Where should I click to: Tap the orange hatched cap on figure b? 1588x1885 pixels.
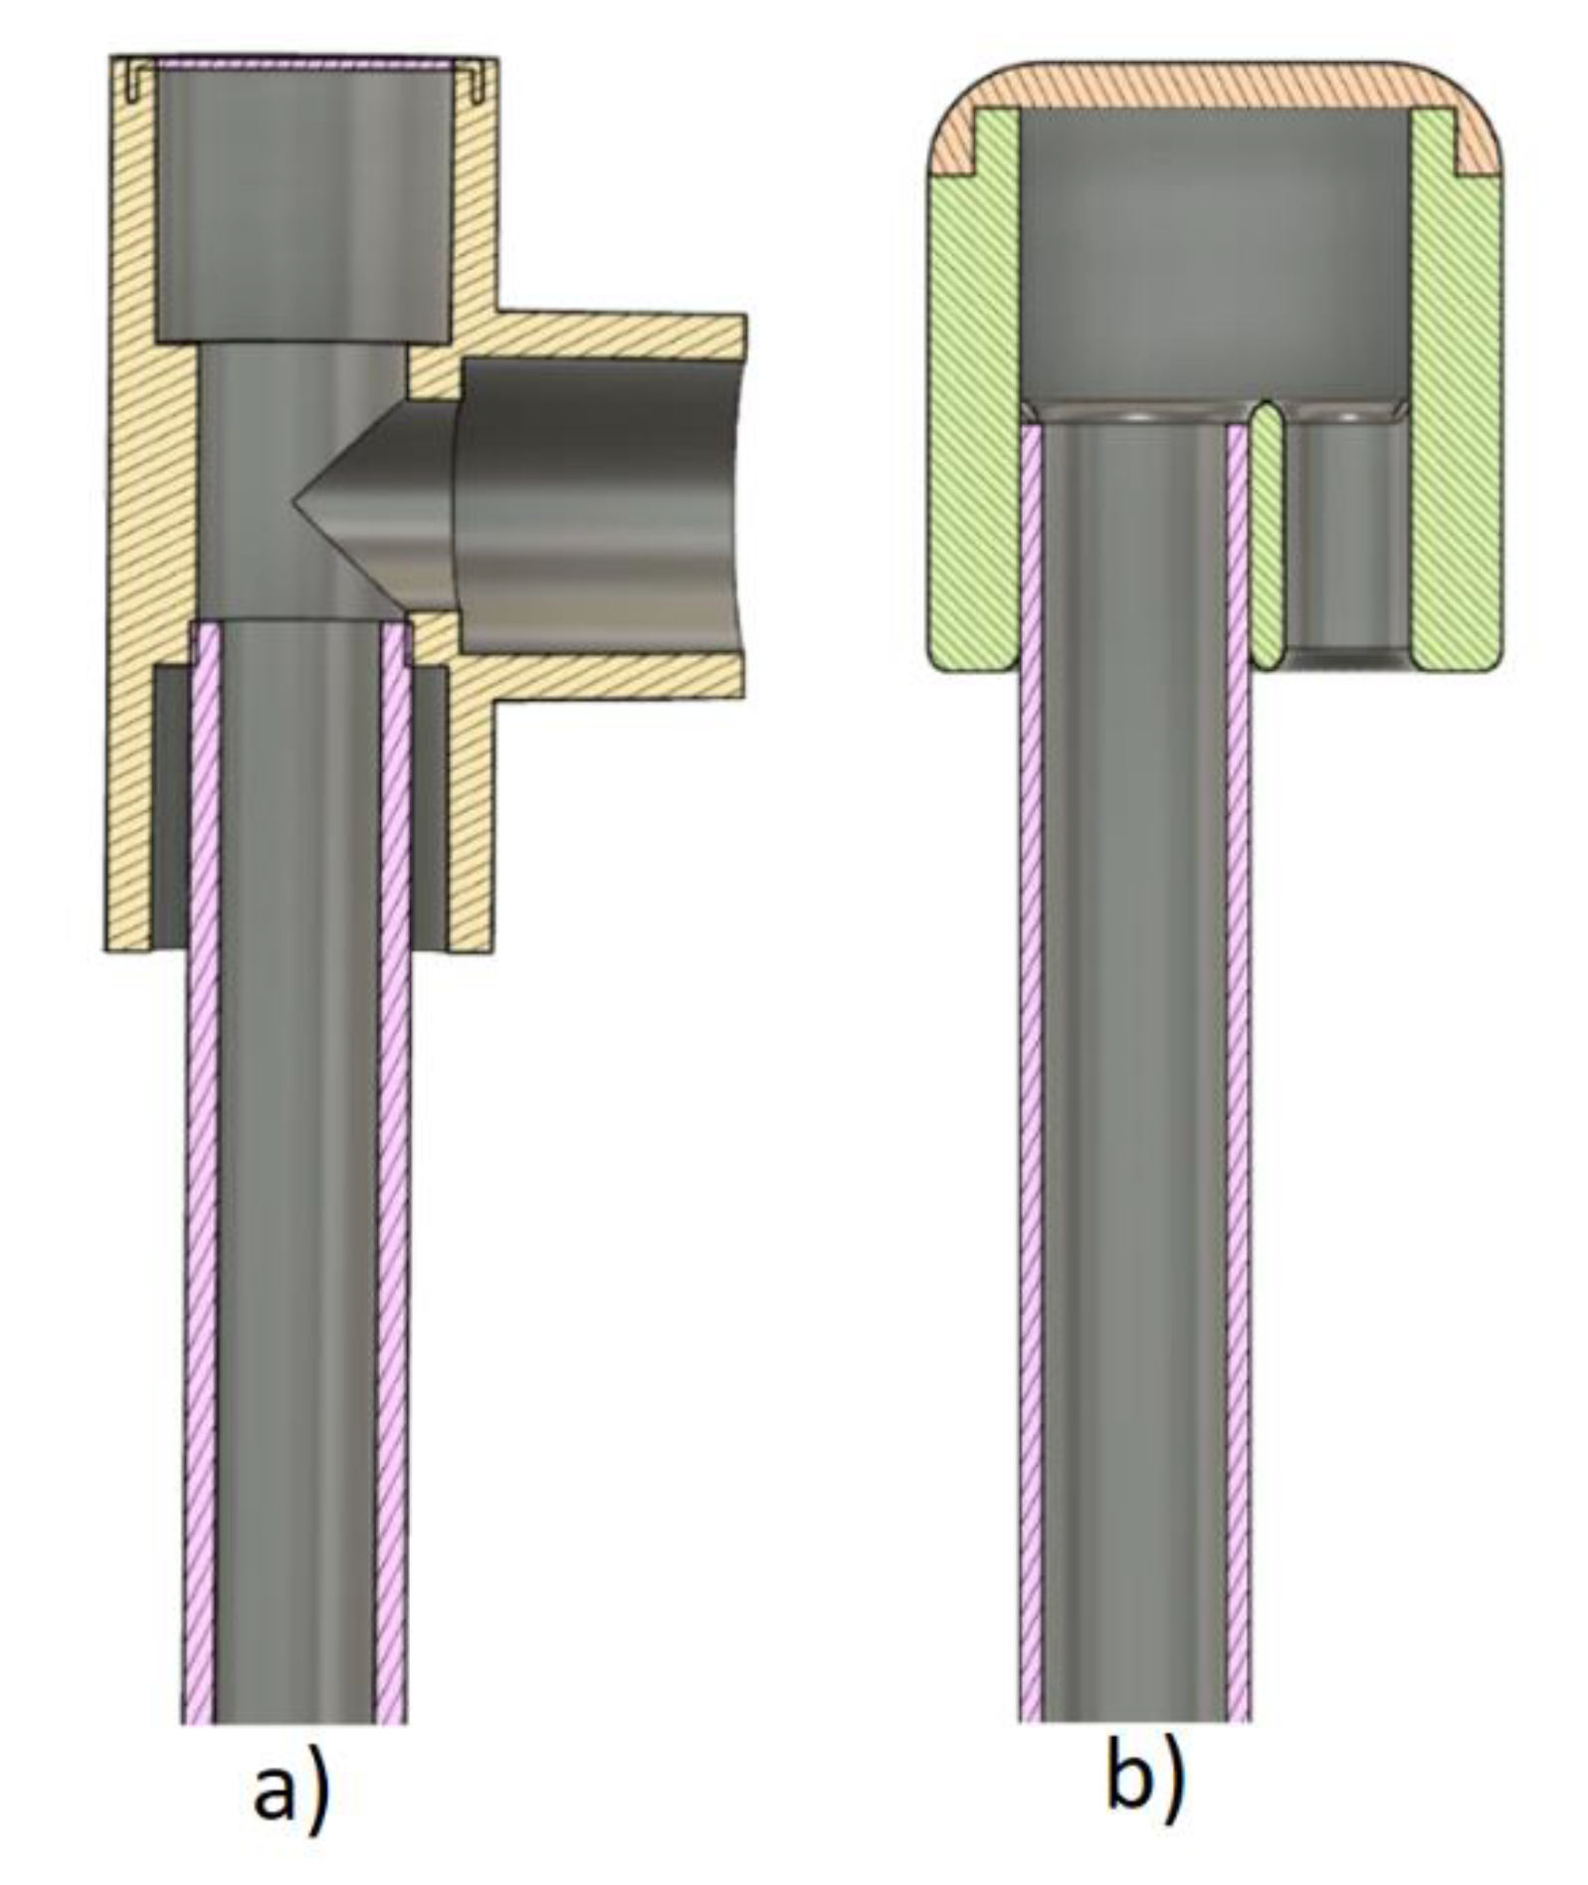1214,85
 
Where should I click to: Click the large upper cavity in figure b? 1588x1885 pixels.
1214,259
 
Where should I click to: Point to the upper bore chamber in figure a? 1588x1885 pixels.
302,199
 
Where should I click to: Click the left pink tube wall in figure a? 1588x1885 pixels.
200,1194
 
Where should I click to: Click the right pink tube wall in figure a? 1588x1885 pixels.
392,1194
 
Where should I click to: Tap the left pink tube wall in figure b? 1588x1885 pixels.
1030,1095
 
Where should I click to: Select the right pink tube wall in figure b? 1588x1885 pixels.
1238,1095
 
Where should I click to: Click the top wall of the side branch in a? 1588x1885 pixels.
617,335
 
